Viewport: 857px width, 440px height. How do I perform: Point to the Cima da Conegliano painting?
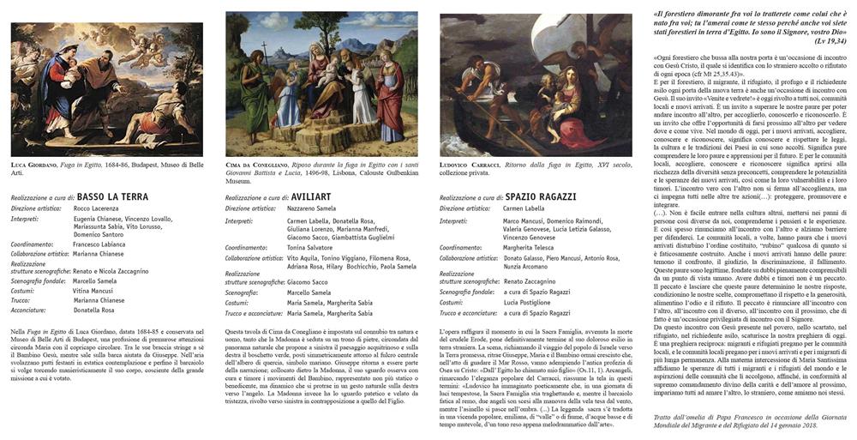tap(321, 82)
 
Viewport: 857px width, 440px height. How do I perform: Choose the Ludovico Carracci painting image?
tap(535, 84)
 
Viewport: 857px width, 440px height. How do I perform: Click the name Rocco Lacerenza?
tap(97, 208)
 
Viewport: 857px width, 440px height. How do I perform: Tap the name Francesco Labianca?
tap(101, 245)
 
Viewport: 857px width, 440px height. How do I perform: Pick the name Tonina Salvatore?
tap(310, 246)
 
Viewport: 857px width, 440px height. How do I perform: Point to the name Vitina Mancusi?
tap(93, 291)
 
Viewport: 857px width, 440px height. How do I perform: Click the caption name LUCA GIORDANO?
tap(35, 164)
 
